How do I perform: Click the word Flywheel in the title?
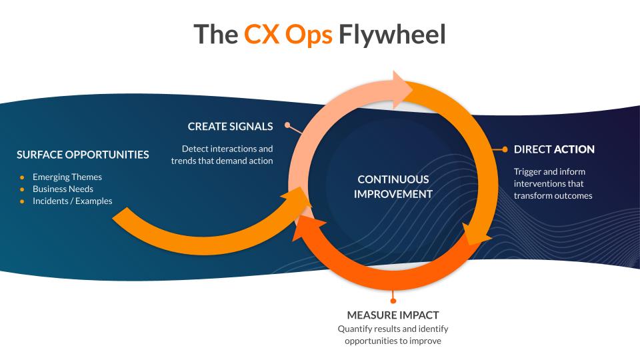pyautogui.click(x=392, y=34)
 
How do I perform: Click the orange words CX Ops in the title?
pyautogui.click(x=288, y=34)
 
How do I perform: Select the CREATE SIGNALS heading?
pyautogui.click(x=230, y=127)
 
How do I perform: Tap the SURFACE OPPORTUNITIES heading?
pyautogui.click(x=83, y=155)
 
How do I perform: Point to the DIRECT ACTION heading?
pyautogui.click(x=554, y=149)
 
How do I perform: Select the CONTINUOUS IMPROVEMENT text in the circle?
pyautogui.click(x=393, y=187)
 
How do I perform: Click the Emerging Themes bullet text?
pyautogui.click(x=67, y=177)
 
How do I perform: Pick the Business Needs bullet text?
pyautogui.click(x=63, y=189)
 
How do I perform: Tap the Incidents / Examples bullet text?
pyautogui.click(x=72, y=201)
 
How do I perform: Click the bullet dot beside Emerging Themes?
pyautogui.click(x=22, y=177)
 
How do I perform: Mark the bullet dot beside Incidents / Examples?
pyautogui.click(x=22, y=201)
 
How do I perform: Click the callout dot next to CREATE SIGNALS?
pyautogui.click(x=288, y=125)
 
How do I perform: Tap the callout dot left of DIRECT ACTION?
pyautogui.click(x=505, y=149)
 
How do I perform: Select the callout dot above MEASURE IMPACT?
pyautogui.click(x=393, y=301)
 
